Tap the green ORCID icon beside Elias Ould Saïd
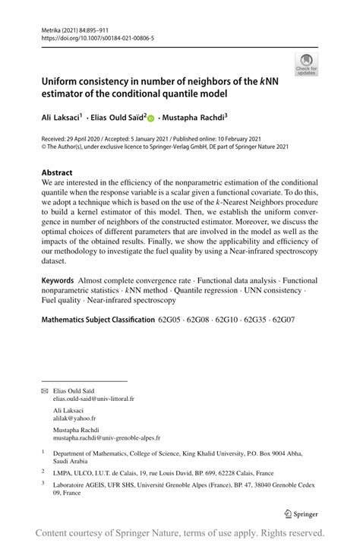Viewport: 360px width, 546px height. coord(150,118)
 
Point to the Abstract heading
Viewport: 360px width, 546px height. coord(57,172)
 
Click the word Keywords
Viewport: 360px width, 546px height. coord(58,281)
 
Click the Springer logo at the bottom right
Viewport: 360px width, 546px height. coord(300,513)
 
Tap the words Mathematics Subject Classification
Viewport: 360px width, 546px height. coord(98,320)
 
